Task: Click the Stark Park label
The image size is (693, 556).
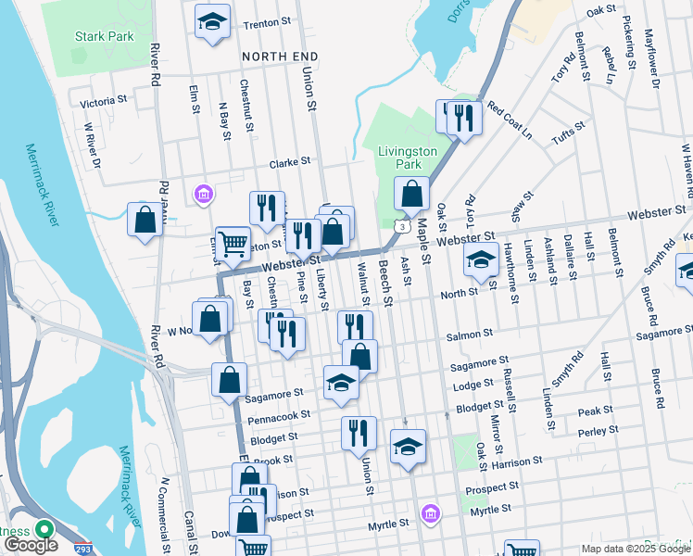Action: tap(104, 37)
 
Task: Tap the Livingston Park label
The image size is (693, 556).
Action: tap(407, 157)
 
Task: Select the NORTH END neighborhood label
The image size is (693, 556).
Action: tap(280, 57)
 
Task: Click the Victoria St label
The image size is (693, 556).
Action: tap(104, 101)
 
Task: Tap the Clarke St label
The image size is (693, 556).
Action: tap(289, 162)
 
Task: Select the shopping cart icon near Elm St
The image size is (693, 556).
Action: tap(233, 245)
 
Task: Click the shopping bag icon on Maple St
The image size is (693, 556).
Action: tap(411, 194)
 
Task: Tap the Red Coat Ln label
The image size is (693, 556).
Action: tap(510, 120)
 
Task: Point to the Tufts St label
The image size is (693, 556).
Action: tap(564, 137)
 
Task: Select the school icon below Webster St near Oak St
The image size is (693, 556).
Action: tap(481, 260)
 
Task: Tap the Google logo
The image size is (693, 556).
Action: tap(31, 545)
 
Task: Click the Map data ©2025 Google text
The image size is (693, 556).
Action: tap(635, 549)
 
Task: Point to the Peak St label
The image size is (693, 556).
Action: tap(595, 411)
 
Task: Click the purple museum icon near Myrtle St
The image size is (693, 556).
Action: tap(429, 512)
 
